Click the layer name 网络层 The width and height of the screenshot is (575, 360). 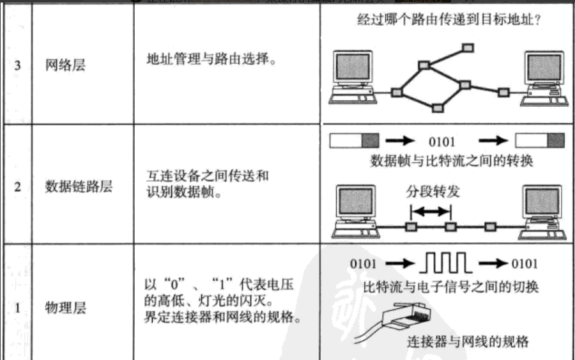(x=66, y=66)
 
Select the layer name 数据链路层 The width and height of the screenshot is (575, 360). (x=79, y=187)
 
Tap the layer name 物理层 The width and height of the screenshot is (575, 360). (x=66, y=308)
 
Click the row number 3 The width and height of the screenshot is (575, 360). (x=17, y=66)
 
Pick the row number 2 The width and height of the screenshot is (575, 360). (x=17, y=187)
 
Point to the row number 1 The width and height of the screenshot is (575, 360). (x=17, y=308)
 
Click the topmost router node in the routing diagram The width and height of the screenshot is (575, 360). (x=468, y=47)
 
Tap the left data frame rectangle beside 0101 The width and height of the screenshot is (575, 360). (x=354, y=141)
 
